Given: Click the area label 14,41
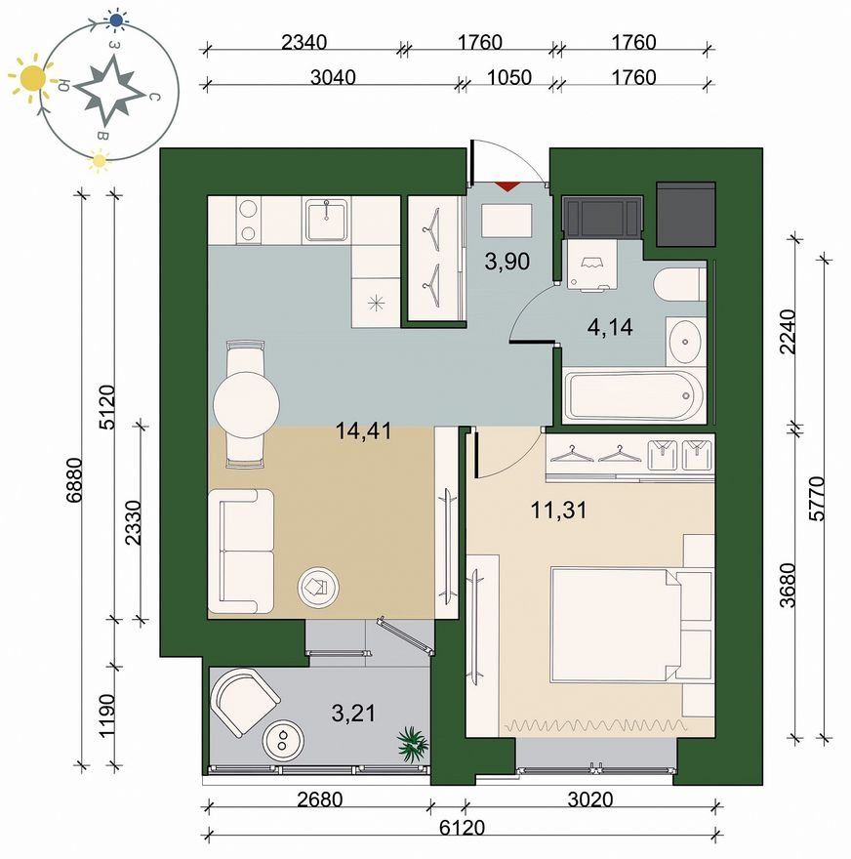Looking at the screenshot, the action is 364,431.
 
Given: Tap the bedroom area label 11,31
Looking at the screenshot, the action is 558,511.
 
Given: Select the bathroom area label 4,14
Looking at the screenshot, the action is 610,328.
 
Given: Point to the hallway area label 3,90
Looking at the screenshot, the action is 507,262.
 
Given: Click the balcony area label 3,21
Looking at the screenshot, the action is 353,714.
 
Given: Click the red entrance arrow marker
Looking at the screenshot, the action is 507,186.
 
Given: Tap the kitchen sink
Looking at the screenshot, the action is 326,220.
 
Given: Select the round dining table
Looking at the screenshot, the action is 247,405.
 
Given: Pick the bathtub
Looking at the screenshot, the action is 635,395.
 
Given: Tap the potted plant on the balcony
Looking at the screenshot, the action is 413,744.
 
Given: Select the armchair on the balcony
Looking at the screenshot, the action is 246,701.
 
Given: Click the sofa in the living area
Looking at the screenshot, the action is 241,552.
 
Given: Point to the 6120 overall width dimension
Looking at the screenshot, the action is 463,827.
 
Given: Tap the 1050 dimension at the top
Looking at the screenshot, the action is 509,77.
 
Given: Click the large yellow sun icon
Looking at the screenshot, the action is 33,79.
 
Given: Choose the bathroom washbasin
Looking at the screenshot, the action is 685,342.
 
